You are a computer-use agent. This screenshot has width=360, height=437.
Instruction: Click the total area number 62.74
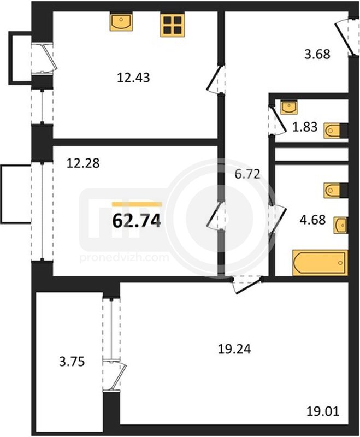[x=137, y=221]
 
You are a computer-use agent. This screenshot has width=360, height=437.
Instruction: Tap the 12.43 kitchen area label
[x=133, y=78]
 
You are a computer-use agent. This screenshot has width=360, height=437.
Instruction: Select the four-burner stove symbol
[x=173, y=25]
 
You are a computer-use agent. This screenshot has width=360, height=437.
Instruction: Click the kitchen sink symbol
[x=121, y=22]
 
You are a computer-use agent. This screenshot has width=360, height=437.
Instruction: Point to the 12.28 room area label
[x=83, y=163]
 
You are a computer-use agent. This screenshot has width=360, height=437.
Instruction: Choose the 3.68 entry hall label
[x=317, y=54]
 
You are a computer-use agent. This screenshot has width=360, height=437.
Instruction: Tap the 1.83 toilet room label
[x=305, y=127]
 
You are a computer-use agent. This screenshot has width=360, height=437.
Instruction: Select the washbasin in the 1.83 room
[x=288, y=107]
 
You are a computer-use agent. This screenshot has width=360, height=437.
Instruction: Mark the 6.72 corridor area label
[x=247, y=174]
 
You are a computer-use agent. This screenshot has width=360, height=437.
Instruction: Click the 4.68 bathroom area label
[x=312, y=220]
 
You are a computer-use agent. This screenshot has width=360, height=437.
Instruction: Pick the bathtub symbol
[x=320, y=263]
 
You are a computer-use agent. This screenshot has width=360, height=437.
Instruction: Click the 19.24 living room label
[x=234, y=349]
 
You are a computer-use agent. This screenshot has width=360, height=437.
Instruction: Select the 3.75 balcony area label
[x=72, y=362]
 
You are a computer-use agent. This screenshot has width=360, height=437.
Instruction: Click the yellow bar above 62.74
[x=137, y=204]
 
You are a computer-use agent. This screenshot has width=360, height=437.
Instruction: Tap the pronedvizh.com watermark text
[x=124, y=257]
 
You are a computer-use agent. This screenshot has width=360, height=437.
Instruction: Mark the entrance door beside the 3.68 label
[x=345, y=37]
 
